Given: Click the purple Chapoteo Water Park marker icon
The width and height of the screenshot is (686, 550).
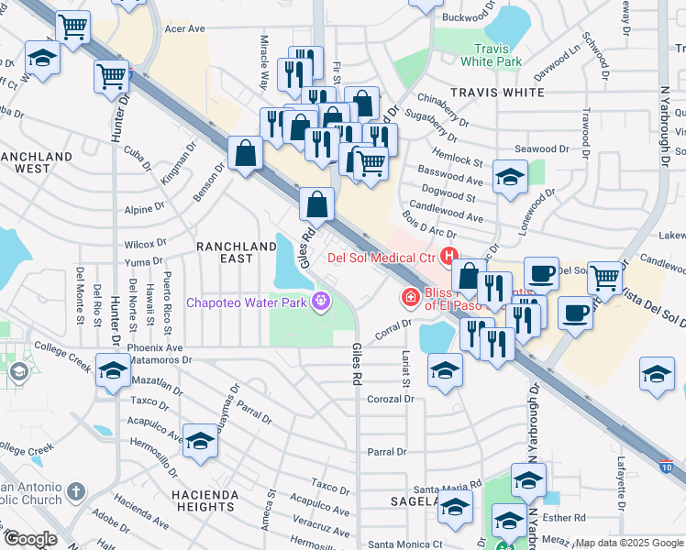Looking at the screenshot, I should tap(320, 301).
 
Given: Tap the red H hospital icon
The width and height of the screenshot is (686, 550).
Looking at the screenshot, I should tap(449, 258).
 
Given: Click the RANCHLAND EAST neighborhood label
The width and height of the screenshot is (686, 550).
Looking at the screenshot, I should tap(237, 253).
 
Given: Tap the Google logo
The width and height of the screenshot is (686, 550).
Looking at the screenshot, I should tap(29, 539).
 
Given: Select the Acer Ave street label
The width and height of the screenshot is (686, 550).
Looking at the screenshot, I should tap(184, 29).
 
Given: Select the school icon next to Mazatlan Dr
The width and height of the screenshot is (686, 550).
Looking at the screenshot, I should tap(113, 372).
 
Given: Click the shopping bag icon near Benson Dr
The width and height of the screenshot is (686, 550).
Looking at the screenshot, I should tap(247, 153).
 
